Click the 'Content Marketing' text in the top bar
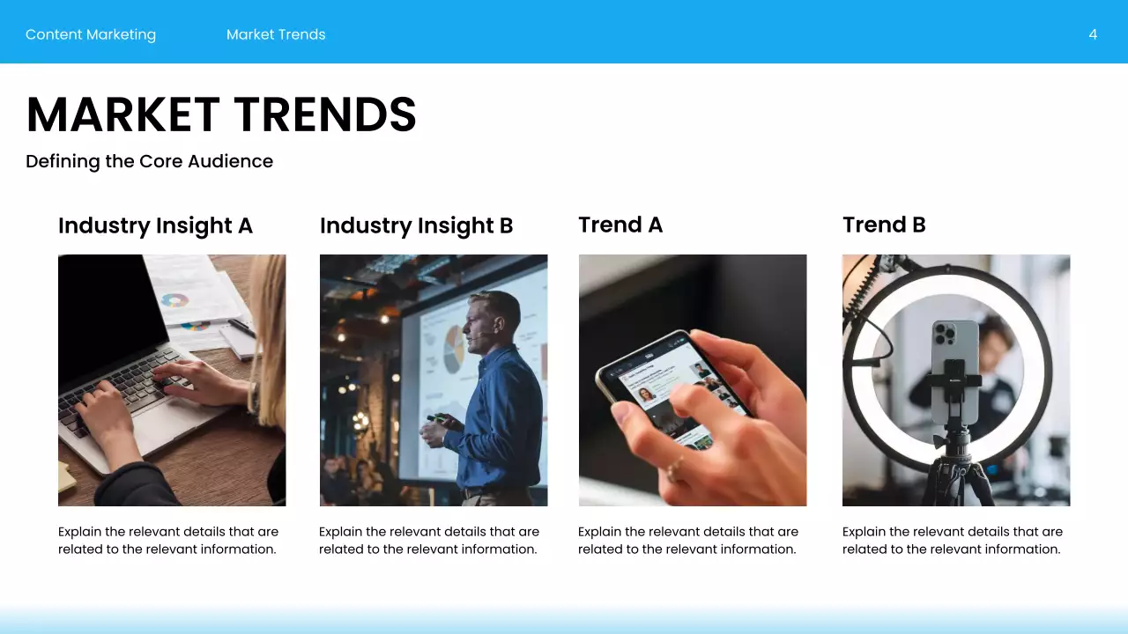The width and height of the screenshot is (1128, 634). pyautogui.click(x=91, y=34)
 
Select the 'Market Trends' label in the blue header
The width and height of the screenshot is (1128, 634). pyautogui.click(x=276, y=34)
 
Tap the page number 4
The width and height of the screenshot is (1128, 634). pyautogui.click(x=1093, y=34)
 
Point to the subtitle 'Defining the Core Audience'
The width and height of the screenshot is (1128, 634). pyautogui.click(x=149, y=161)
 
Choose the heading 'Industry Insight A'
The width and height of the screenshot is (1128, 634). pyautogui.click(x=155, y=225)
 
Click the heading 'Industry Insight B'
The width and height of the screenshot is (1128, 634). pyautogui.click(x=416, y=225)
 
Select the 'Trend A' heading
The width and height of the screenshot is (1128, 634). pyautogui.click(x=620, y=225)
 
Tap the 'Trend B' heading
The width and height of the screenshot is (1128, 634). pyautogui.click(x=884, y=225)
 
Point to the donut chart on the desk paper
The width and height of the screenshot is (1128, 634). pyautogui.click(x=175, y=300)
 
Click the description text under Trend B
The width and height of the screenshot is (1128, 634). pyautogui.click(x=952, y=540)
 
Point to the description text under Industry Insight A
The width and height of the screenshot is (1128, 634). pyautogui.click(x=167, y=540)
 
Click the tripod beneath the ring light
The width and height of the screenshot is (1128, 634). pyautogui.click(x=955, y=471)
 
